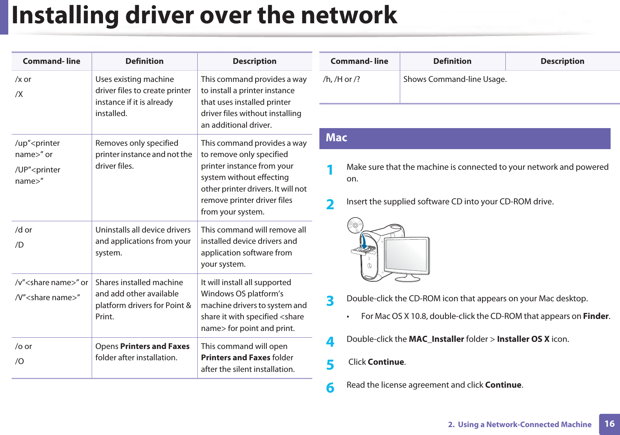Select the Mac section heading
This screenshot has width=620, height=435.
click(336, 138)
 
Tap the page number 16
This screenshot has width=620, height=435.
click(609, 424)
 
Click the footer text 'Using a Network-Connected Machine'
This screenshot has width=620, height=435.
click(525, 424)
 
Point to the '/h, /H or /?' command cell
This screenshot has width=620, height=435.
click(342, 79)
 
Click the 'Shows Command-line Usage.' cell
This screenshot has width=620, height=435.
click(455, 79)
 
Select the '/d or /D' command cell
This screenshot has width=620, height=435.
click(24, 237)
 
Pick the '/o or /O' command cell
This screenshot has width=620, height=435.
click(24, 353)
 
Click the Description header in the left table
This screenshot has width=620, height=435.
click(254, 61)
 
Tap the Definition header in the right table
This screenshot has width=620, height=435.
click(452, 61)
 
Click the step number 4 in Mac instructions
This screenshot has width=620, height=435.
click(330, 341)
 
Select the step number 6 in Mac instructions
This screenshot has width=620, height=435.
click(330, 387)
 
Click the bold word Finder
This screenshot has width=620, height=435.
click(596, 316)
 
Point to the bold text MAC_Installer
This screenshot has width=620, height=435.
click(436, 339)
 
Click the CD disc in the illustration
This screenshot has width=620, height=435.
click(355, 225)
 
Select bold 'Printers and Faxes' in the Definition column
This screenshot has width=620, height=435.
click(155, 346)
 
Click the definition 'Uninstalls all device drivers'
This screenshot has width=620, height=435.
click(143, 230)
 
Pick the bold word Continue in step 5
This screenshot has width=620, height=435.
click(386, 362)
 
